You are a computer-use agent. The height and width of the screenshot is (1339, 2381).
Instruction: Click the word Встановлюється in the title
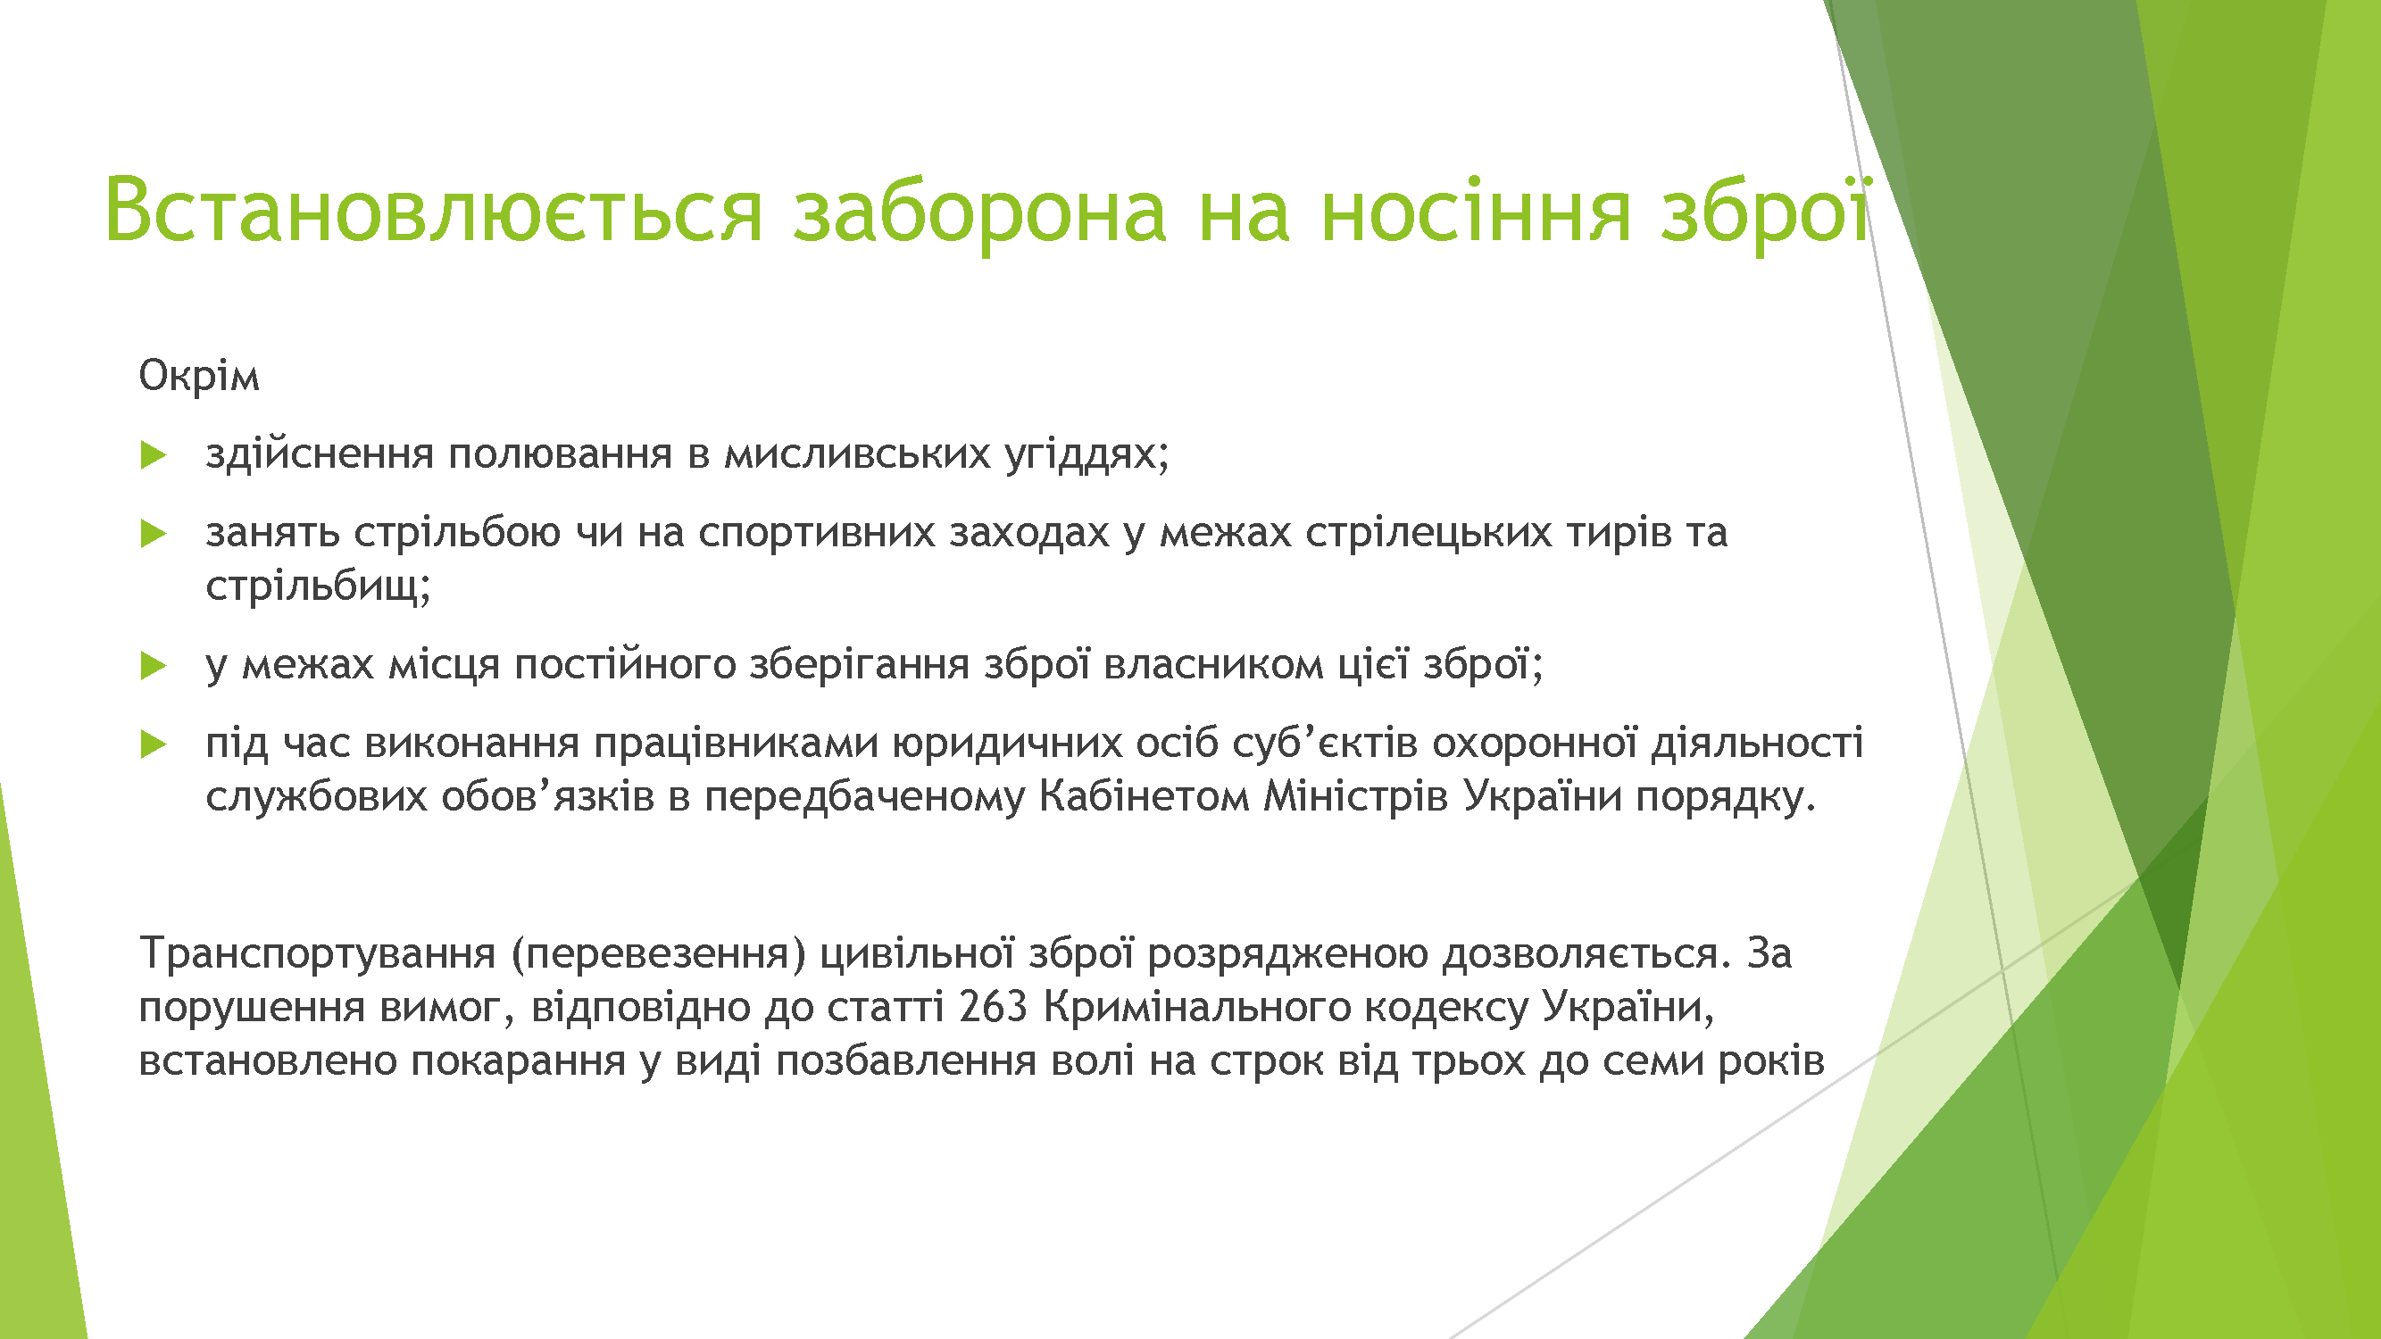434,210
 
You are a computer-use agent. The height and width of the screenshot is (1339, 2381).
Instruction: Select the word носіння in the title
1475,211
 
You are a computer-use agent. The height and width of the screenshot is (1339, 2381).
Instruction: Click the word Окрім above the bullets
199,376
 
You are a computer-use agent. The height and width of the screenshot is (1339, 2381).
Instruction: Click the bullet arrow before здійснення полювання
154,454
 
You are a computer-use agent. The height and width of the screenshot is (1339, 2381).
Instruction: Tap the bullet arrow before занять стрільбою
154,533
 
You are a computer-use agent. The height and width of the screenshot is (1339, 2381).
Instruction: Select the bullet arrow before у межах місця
154,665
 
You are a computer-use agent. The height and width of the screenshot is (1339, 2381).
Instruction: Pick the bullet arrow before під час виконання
154,744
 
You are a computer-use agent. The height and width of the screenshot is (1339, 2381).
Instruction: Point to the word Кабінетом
1145,795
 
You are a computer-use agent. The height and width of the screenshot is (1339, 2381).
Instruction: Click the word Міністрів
1356,796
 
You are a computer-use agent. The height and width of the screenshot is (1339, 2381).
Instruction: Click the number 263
994,1007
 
